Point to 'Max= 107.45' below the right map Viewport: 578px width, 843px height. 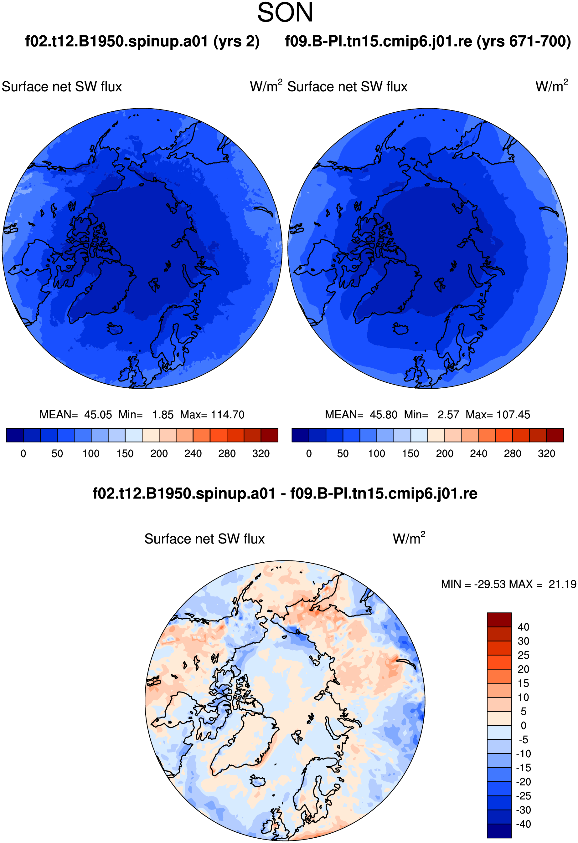[x=498, y=415]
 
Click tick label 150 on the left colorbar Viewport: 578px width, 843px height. [x=125, y=454]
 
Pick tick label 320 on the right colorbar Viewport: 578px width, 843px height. [x=546, y=454]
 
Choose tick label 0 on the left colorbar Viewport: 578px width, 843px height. [x=23, y=454]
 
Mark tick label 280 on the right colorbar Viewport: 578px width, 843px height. [x=513, y=454]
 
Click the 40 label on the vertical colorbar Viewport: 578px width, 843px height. [x=523, y=627]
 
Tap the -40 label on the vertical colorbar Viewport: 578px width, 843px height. [x=523, y=824]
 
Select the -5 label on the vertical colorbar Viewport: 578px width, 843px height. [x=523, y=740]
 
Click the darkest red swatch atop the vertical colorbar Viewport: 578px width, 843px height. [x=499, y=620]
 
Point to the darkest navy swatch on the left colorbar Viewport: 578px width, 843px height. [x=15, y=435]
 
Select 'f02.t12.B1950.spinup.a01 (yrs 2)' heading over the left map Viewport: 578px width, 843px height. [x=142, y=41]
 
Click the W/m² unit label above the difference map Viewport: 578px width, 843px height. [x=409, y=539]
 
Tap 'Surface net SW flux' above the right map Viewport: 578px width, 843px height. [x=348, y=87]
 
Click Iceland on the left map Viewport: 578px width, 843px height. [x=115, y=329]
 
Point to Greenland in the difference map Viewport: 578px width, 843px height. [x=241, y=740]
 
